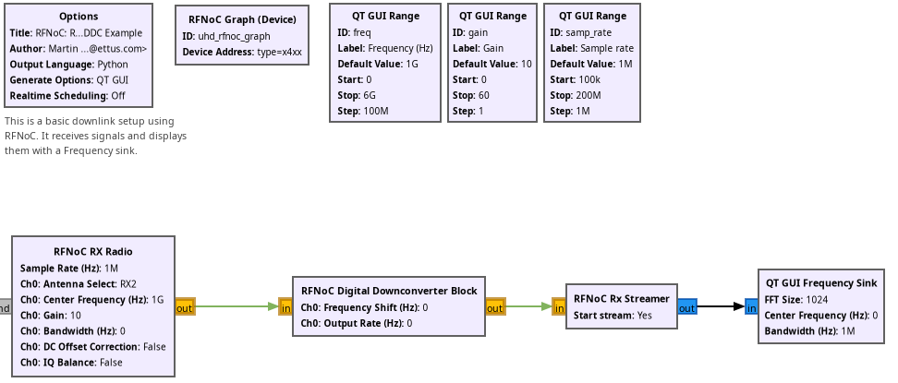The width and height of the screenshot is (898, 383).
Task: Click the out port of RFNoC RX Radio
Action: click(x=185, y=306)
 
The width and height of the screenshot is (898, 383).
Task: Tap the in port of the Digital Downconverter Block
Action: click(x=285, y=306)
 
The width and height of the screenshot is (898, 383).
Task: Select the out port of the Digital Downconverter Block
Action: click(x=495, y=306)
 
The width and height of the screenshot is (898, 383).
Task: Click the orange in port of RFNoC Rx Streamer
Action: click(x=559, y=306)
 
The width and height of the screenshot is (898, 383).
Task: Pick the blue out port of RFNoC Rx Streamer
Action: click(x=687, y=306)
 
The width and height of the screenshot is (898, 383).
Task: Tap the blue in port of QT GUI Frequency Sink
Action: click(x=751, y=306)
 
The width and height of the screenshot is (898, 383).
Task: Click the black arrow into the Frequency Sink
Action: click(x=721, y=306)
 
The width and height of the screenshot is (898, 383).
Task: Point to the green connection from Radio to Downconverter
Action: click(x=237, y=306)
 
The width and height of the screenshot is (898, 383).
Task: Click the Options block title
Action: click(x=79, y=17)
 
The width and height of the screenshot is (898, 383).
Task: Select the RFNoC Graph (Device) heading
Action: click(x=242, y=19)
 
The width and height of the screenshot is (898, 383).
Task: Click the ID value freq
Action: click(x=362, y=32)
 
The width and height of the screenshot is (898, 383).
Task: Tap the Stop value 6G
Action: click(x=370, y=95)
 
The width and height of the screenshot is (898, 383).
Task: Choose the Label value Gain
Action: click(x=493, y=48)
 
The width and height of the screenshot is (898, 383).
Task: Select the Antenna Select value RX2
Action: click(x=127, y=284)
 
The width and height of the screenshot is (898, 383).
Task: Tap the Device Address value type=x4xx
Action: click(x=280, y=52)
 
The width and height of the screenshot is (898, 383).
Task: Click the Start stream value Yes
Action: click(x=644, y=315)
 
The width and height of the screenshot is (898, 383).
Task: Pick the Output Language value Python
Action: click(x=113, y=64)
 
